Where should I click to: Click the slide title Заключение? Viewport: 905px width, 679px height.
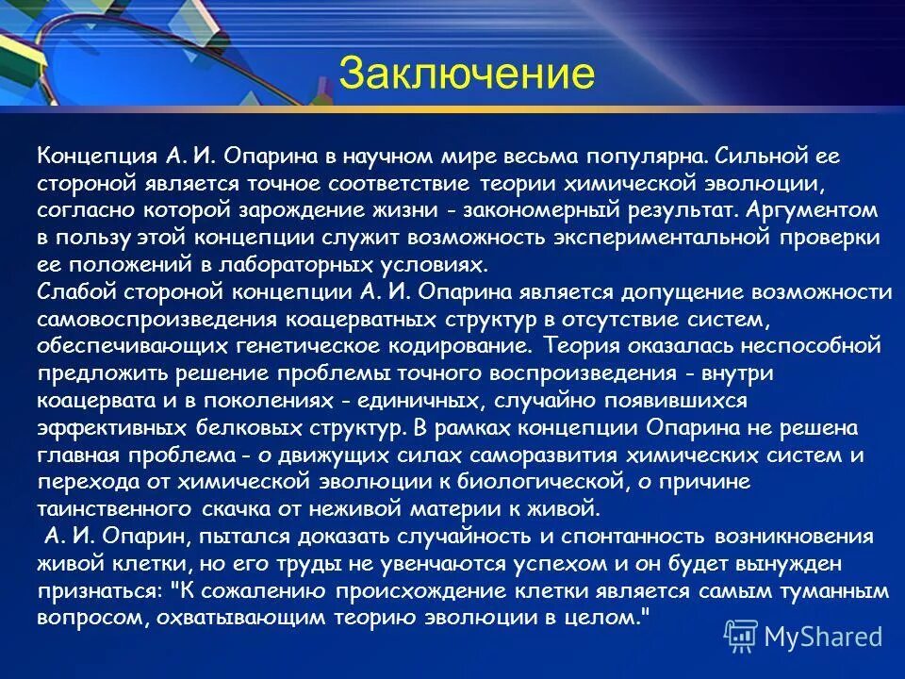click(x=467, y=74)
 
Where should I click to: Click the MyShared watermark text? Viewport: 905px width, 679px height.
click(x=822, y=636)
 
